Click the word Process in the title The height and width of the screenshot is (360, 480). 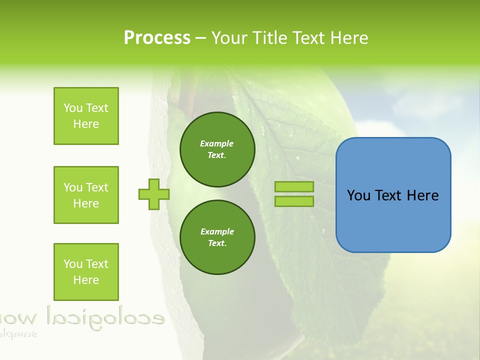[157, 38]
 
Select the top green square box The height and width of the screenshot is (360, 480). [86, 116]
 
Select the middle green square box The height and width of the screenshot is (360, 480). [86, 195]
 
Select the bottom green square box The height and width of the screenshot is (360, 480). [86, 271]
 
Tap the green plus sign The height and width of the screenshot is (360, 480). [154, 194]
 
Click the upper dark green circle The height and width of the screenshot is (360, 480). [217, 149]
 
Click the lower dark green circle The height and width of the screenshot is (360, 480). [217, 237]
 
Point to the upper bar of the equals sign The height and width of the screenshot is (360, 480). [294, 187]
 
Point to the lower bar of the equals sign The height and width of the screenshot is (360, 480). [294, 201]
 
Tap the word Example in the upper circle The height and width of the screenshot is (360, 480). [217, 143]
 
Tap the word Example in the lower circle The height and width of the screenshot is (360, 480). [217, 231]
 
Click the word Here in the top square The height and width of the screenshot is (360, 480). [86, 124]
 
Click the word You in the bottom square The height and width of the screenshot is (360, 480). [73, 264]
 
